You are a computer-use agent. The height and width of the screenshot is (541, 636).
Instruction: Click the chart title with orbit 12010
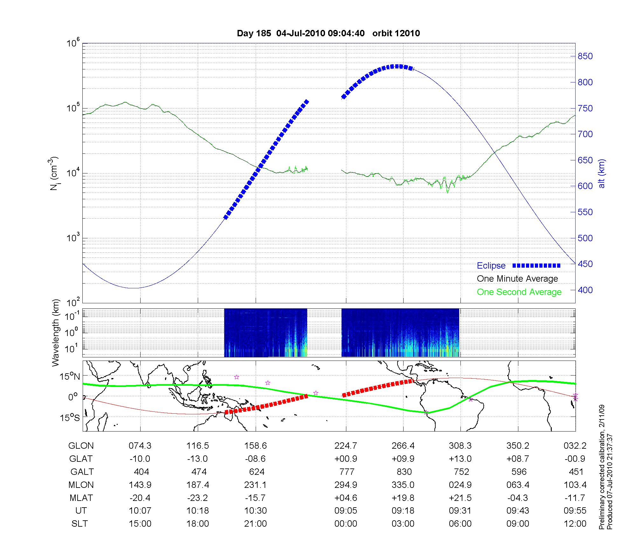point(328,33)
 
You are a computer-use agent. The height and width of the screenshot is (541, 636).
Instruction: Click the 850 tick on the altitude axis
point(585,56)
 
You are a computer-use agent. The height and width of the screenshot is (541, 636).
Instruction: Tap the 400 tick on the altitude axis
point(585,290)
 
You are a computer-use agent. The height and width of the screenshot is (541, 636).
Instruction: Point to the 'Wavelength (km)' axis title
point(56,333)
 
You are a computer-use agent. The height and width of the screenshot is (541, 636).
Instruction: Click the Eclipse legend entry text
point(491,266)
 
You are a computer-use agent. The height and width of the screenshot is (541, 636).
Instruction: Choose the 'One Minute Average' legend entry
point(517,279)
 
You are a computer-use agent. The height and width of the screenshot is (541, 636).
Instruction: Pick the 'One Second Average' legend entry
point(519,292)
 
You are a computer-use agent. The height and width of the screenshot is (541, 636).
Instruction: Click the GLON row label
point(81,446)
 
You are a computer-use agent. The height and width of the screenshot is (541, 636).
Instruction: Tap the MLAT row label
point(81,498)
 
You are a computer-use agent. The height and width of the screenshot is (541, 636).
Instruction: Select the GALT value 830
point(404,472)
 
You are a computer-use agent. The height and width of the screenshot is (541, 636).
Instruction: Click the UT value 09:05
point(346,511)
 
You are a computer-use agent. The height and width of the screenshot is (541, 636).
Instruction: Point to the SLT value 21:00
point(255,523)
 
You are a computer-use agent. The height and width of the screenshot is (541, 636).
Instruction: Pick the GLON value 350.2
point(518,446)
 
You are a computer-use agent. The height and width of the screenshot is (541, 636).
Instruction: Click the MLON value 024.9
point(460,485)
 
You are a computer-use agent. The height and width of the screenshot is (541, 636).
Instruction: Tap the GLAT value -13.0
point(197,459)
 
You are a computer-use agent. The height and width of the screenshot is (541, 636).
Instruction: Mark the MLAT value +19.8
point(403,498)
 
